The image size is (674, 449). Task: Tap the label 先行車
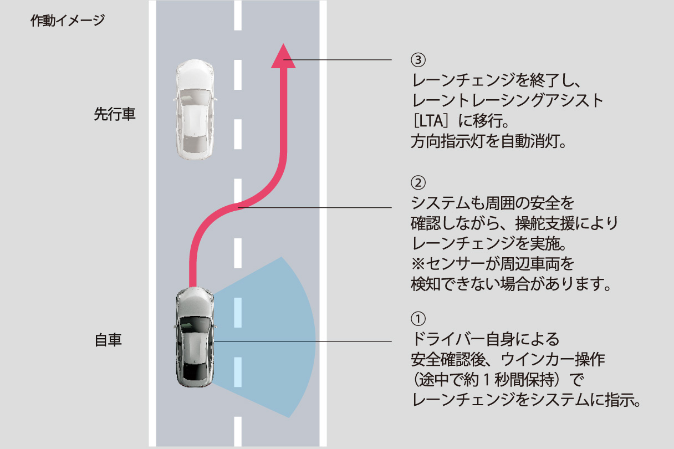pos(115,115)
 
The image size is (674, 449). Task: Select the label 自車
pos(108,340)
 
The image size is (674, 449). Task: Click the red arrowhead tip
pos(283,47)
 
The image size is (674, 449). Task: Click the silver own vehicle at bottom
pos(193,339)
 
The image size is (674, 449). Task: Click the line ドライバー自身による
pos(486,338)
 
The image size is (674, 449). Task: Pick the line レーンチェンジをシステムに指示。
pos(527,400)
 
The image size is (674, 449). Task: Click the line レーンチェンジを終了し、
pos(497,80)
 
